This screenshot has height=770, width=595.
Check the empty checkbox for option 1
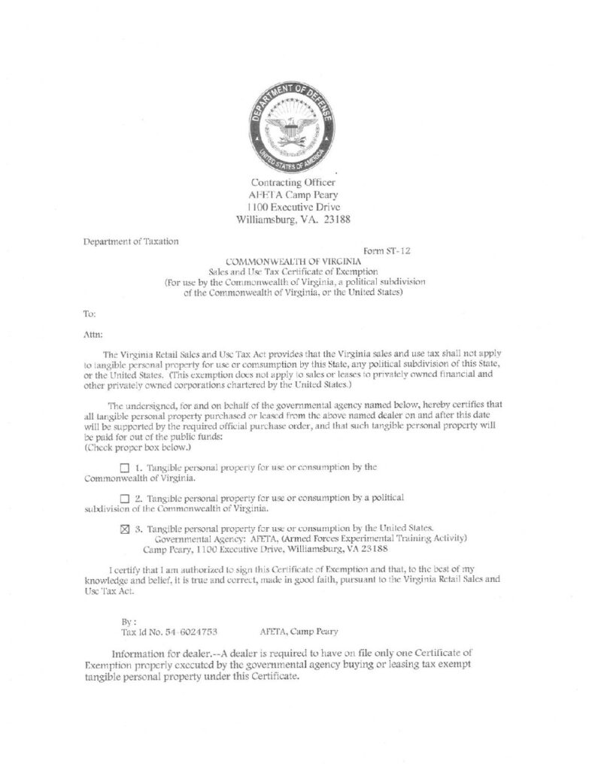tap(125, 468)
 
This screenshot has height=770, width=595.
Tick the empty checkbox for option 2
tap(125, 499)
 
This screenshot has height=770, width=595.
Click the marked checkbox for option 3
tap(125, 528)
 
